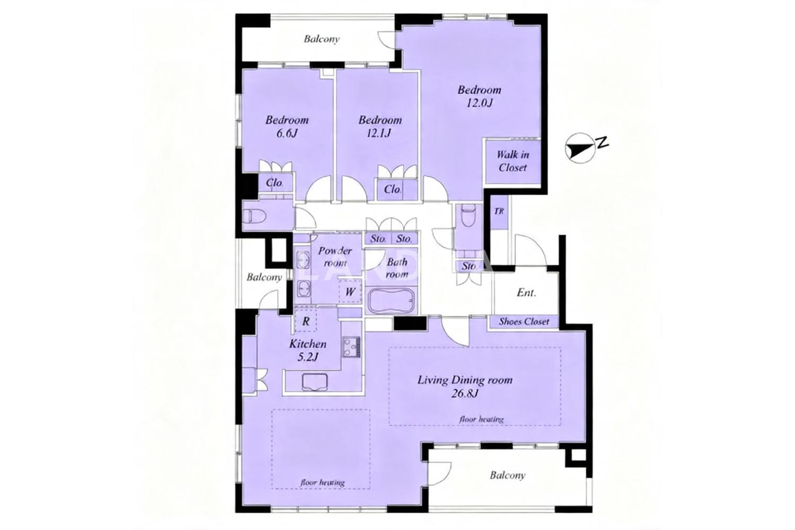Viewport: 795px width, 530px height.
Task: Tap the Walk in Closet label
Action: pyautogui.click(x=513, y=161)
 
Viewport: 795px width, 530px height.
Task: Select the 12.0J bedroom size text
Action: pyautogui.click(x=479, y=103)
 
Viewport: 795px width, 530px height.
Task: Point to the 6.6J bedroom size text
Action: pyautogui.click(x=287, y=134)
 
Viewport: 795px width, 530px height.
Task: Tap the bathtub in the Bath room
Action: pyautogui.click(x=392, y=301)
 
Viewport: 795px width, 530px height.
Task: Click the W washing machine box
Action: pyautogui.click(x=350, y=291)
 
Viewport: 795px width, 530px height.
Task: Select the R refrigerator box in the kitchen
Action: pyautogui.click(x=306, y=321)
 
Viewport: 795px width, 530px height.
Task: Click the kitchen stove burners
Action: pyautogui.click(x=351, y=347)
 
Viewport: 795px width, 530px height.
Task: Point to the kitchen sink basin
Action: pyautogui.click(x=315, y=382)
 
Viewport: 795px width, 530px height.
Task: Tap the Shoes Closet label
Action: pyautogui.click(x=524, y=322)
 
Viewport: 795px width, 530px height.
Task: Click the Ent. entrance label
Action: pyautogui.click(x=526, y=293)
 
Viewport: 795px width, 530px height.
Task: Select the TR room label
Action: pyautogui.click(x=499, y=211)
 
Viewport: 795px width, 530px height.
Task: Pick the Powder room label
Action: pyautogui.click(x=334, y=257)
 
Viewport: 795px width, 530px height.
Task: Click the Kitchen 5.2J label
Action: pyautogui.click(x=307, y=350)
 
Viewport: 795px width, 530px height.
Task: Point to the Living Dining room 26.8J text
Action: pyautogui.click(x=465, y=386)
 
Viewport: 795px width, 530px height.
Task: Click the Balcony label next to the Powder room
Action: pyautogui.click(x=264, y=277)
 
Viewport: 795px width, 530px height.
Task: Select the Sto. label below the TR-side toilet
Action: pyautogui.click(x=469, y=266)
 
